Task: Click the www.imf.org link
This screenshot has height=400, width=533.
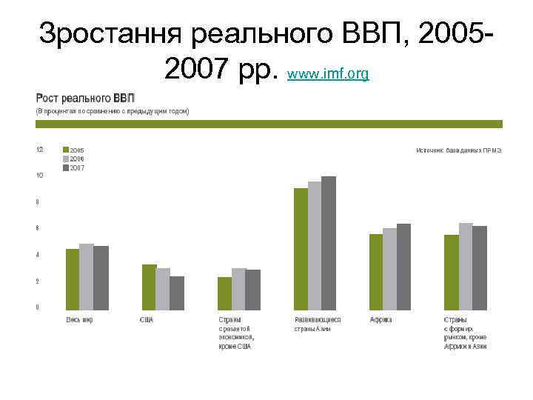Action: point(327,75)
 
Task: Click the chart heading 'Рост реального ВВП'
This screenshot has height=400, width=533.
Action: point(81,98)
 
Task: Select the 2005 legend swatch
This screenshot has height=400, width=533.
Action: point(66,150)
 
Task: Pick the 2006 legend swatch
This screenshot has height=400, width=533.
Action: point(66,159)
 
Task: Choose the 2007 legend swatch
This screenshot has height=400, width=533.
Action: point(66,168)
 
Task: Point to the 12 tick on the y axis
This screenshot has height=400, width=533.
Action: point(39,149)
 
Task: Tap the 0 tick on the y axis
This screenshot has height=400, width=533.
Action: point(38,307)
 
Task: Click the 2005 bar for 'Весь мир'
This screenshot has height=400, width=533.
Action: point(73,279)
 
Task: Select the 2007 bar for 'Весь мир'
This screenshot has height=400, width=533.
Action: point(101,278)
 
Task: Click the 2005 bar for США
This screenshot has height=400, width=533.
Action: point(149,287)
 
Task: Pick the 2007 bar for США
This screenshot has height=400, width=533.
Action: point(177,293)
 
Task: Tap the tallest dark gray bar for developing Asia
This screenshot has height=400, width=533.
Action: point(329,243)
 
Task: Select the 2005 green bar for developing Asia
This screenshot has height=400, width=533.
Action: point(301,249)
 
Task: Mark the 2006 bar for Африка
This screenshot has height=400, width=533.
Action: point(389,269)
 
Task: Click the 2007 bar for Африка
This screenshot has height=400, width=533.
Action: point(403,267)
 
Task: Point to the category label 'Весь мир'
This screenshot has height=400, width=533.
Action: point(79,320)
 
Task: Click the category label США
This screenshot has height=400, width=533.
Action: point(147,320)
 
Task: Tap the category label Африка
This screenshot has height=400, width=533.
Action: point(381,320)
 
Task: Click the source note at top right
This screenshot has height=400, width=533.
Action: point(459,150)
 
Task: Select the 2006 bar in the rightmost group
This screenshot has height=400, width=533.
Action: point(466,266)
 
